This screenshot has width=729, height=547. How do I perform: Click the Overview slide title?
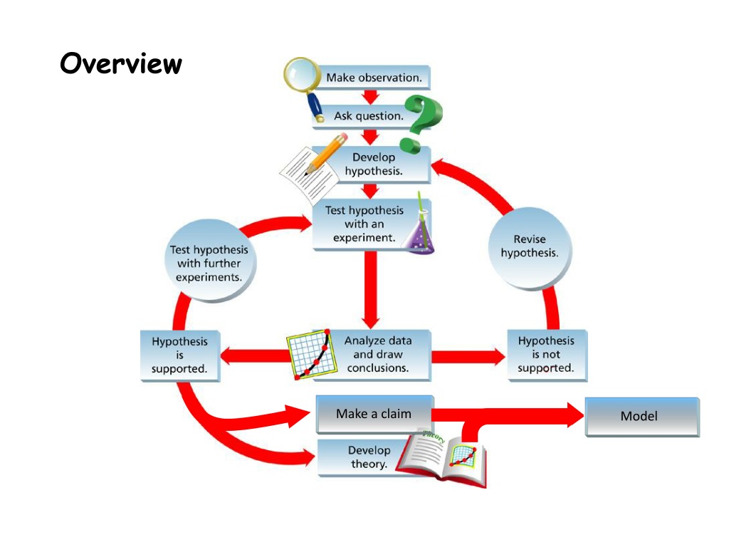[x=121, y=63]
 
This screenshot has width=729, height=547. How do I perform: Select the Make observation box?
[x=373, y=77]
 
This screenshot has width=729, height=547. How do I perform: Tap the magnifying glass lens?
[x=301, y=73]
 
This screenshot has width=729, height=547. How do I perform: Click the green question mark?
[x=421, y=124]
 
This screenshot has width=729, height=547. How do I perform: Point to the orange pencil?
[x=326, y=153]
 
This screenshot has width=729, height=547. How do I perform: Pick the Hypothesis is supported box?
[x=180, y=355]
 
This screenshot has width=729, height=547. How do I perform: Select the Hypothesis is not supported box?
[x=547, y=355]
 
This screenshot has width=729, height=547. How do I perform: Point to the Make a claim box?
[x=374, y=414]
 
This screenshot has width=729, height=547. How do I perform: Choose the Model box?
[x=642, y=417]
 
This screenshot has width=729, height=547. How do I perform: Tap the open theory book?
[x=441, y=459]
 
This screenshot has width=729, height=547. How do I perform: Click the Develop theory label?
[x=369, y=457]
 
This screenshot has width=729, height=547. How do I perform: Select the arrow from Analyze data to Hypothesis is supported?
[x=255, y=356]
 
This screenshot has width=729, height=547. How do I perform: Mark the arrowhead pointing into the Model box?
[x=575, y=415]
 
